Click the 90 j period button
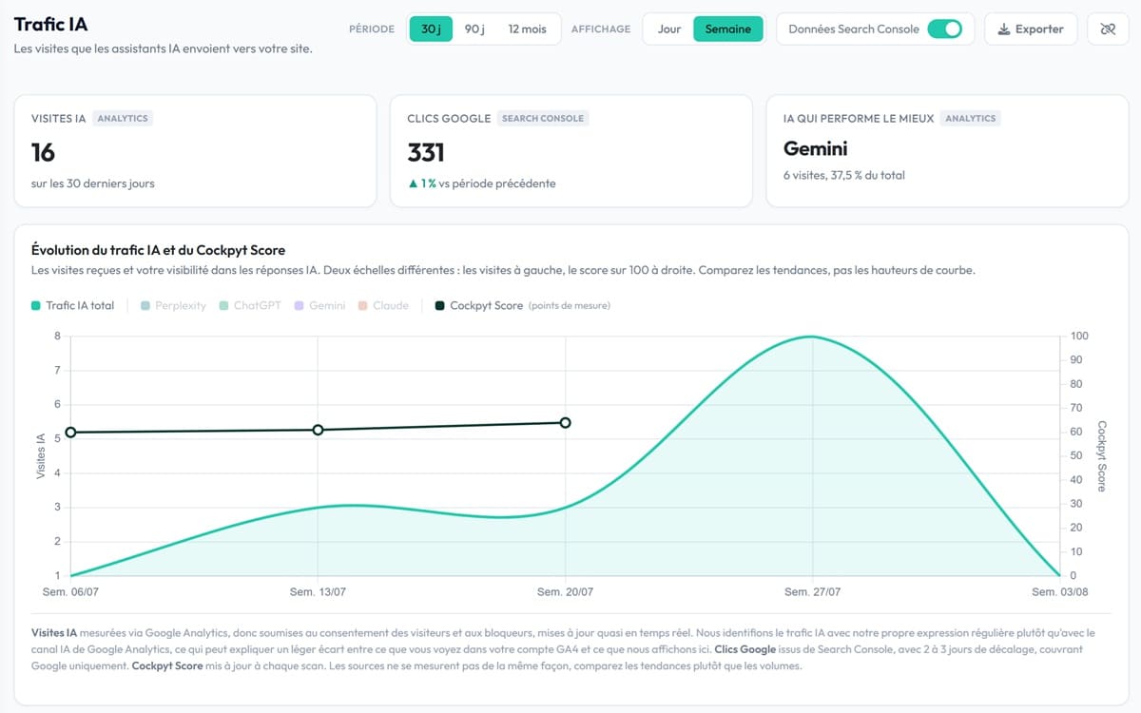(474, 29)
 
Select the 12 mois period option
(527, 29)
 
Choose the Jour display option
(668, 29)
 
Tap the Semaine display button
(728, 29)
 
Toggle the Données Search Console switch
(944, 29)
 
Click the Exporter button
(1031, 29)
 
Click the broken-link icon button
(1108, 29)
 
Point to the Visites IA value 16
(43, 152)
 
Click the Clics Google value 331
(426, 152)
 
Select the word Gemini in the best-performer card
(815, 148)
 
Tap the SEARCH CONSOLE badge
(543, 118)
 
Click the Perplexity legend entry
(174, 305)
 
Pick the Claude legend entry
(383, 305)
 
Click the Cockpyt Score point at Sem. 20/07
(565, 423)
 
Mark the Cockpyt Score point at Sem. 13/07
(318, 430)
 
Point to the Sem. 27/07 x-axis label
(812, 591)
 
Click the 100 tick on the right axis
(1079, 337)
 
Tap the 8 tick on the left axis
(58, 337)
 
